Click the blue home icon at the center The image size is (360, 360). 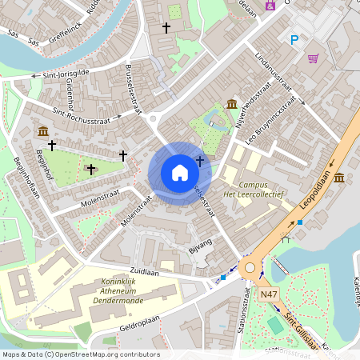point(180,172)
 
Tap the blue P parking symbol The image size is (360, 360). point(294,39)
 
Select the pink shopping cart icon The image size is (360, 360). point(313,58)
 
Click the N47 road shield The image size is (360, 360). point(270,295)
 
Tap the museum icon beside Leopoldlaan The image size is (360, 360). point(339,177)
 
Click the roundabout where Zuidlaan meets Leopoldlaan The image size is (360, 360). point(250,267)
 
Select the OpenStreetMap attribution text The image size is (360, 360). point(81,354)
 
